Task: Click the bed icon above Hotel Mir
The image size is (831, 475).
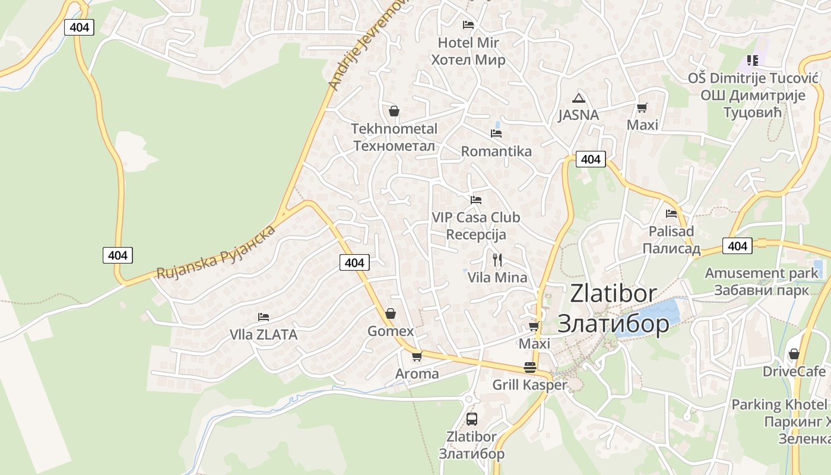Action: click(468, 25)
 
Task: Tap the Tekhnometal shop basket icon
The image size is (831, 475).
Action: click(394, 111)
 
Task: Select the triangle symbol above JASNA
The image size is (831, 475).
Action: click(578, 98)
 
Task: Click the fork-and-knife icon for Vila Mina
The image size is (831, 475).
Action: click(497, 259)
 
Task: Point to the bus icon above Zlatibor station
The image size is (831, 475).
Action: click(472, 419)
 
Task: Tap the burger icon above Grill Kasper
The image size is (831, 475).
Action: click(530, 368)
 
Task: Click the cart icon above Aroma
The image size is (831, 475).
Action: click(417, 356)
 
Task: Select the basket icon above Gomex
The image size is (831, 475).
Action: click(391, 313)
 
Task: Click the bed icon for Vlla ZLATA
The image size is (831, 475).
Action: click(264, 317)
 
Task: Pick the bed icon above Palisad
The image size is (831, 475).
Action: click(671, 214)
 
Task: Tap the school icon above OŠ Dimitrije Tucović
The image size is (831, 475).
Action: click(752, 61)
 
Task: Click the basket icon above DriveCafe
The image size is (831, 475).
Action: click(794, 354)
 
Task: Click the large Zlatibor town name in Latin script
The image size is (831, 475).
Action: click(613, 293)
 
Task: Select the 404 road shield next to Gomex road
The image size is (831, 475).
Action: click(354, 262)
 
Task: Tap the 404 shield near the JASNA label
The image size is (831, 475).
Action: click(591, 159)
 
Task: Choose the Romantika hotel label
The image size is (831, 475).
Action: click(496, 151)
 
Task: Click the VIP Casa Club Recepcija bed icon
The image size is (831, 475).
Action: click(476, 200)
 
